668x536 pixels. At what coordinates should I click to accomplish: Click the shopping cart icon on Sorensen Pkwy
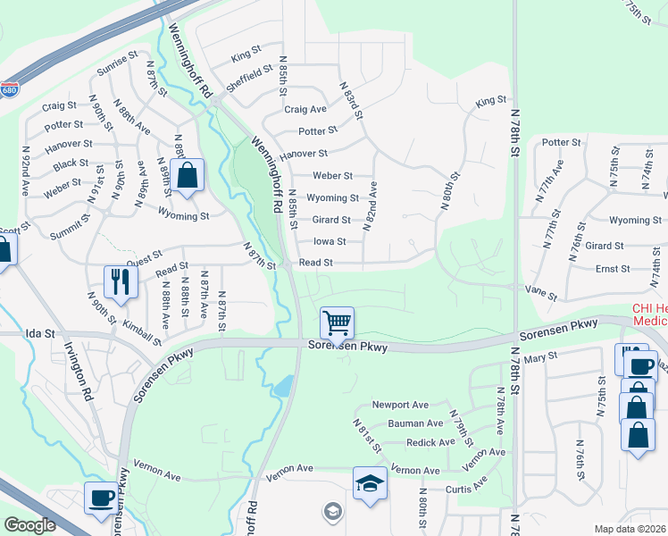pos(338,322)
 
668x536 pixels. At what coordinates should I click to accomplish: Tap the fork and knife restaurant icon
pos(119,281)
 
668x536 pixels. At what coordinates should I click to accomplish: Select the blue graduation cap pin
pos(370,483)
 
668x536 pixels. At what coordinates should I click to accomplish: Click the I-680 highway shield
pos(9,90)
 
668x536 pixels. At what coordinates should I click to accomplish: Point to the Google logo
pos(29,525)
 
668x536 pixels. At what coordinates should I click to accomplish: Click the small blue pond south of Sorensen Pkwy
pos(284,387)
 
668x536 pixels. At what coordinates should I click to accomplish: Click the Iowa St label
pos(330,241)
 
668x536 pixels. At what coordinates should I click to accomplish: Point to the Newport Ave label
pos(401,405)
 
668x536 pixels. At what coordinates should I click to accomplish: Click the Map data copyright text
pos(630,529)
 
